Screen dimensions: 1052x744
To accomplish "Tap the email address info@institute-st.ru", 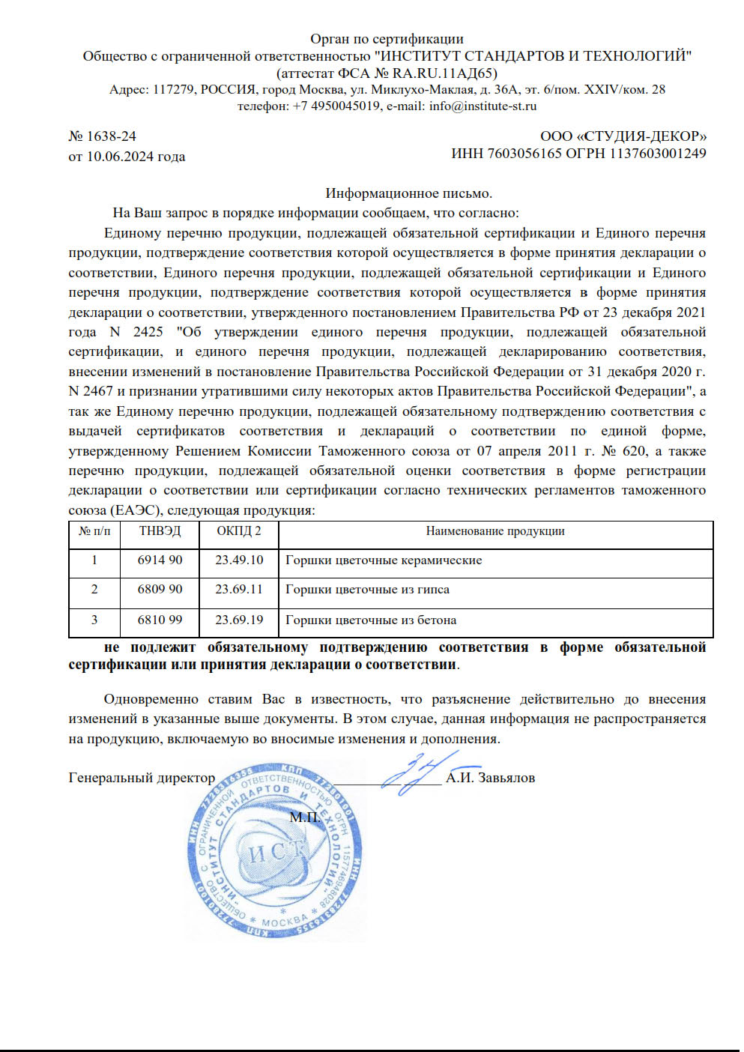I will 483,106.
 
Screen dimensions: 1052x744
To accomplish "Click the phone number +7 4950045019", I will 336,106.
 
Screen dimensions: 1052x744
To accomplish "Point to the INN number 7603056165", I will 524,154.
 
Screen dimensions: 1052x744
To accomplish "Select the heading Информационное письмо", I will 408,193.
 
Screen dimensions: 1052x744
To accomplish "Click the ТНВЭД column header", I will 160,531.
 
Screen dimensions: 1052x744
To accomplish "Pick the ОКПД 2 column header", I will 239,531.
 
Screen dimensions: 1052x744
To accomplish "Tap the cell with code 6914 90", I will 160,560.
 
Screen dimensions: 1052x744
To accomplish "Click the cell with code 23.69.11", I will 239,590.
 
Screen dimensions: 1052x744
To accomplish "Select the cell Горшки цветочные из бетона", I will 371,620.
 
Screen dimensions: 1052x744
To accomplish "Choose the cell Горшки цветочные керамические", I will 384,560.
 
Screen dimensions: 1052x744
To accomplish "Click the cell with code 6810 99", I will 160,620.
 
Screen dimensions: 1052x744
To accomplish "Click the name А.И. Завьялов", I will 490,778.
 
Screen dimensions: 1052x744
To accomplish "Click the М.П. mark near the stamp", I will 304,817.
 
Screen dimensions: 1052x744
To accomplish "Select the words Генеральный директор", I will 142,778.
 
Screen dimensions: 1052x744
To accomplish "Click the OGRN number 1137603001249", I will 657,154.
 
